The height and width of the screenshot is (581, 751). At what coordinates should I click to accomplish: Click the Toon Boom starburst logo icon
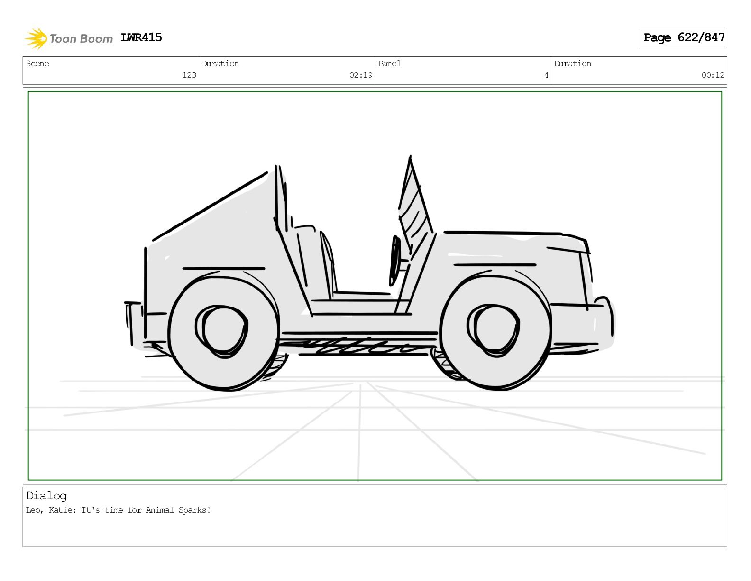click(36, 39)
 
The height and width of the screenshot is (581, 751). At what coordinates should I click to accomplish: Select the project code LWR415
click(141, 37)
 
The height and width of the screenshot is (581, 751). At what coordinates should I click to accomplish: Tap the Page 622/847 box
click(684, 38)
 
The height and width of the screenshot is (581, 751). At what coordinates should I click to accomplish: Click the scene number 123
click(189, 75)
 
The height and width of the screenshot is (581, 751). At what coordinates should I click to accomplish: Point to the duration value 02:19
click(361, 75)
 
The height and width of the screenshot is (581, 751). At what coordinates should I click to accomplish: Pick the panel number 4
click(546, 75)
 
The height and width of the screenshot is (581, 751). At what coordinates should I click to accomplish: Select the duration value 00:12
click(713, 75)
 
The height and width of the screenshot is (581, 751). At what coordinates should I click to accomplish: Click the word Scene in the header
click(37, 63)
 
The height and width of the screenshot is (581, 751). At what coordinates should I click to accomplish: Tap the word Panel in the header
click(390, 63)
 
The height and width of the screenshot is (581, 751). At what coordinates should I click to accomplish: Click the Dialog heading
click(46, 496)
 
